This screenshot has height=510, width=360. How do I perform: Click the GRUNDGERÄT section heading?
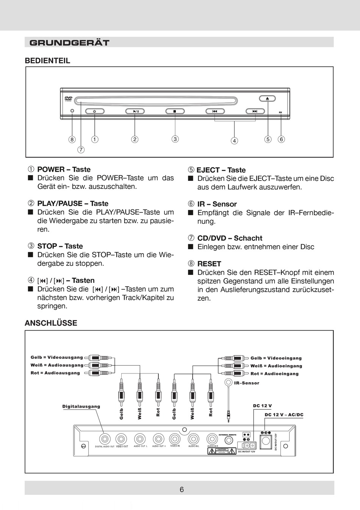[x=69, y=42]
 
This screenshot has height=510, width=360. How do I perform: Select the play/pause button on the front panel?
[x=135, y=111]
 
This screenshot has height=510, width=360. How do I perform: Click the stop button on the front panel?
[x=175, y=111]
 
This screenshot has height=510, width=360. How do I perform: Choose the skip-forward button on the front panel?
[x=255, y=111]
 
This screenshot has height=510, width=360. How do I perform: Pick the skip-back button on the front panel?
[x=215, y=111]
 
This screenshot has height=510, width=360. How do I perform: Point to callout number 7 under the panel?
[x=81, y=149]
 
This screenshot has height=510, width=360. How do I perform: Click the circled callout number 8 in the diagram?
[x=72, y=139]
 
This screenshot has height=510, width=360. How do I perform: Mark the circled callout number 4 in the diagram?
[x=235, y=141]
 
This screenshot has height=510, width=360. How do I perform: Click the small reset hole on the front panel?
[x=72, y=111]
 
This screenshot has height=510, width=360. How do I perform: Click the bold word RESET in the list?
[x=209, y=264]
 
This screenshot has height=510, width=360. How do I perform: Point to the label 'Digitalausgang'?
[x=81, y=406]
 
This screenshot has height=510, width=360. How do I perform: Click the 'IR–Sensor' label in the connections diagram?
[x=247, y=383]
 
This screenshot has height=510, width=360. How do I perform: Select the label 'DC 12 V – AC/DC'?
[x=284, y=415]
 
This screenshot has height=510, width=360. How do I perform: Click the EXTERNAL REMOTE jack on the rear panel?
[x=229, y=440]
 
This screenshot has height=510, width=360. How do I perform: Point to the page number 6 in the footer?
[x=182, y=490]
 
